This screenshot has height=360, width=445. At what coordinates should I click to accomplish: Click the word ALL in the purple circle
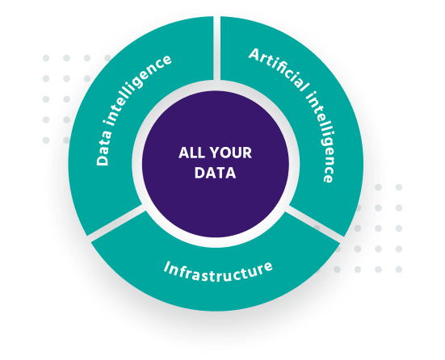190,153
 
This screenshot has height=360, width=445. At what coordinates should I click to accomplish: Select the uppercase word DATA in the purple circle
216,173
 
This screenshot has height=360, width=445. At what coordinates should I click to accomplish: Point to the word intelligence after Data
137,90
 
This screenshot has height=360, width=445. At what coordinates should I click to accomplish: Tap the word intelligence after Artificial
320,137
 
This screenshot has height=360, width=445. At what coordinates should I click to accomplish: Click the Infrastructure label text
218,272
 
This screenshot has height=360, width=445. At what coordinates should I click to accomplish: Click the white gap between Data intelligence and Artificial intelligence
216,48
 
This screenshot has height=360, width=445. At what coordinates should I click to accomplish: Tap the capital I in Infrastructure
168,267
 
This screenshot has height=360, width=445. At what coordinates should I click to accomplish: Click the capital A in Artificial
255,54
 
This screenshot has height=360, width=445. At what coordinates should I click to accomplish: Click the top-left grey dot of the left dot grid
46,58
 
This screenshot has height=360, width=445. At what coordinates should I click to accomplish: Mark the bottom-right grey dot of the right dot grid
399,270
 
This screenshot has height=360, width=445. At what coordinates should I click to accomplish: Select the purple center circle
216,164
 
